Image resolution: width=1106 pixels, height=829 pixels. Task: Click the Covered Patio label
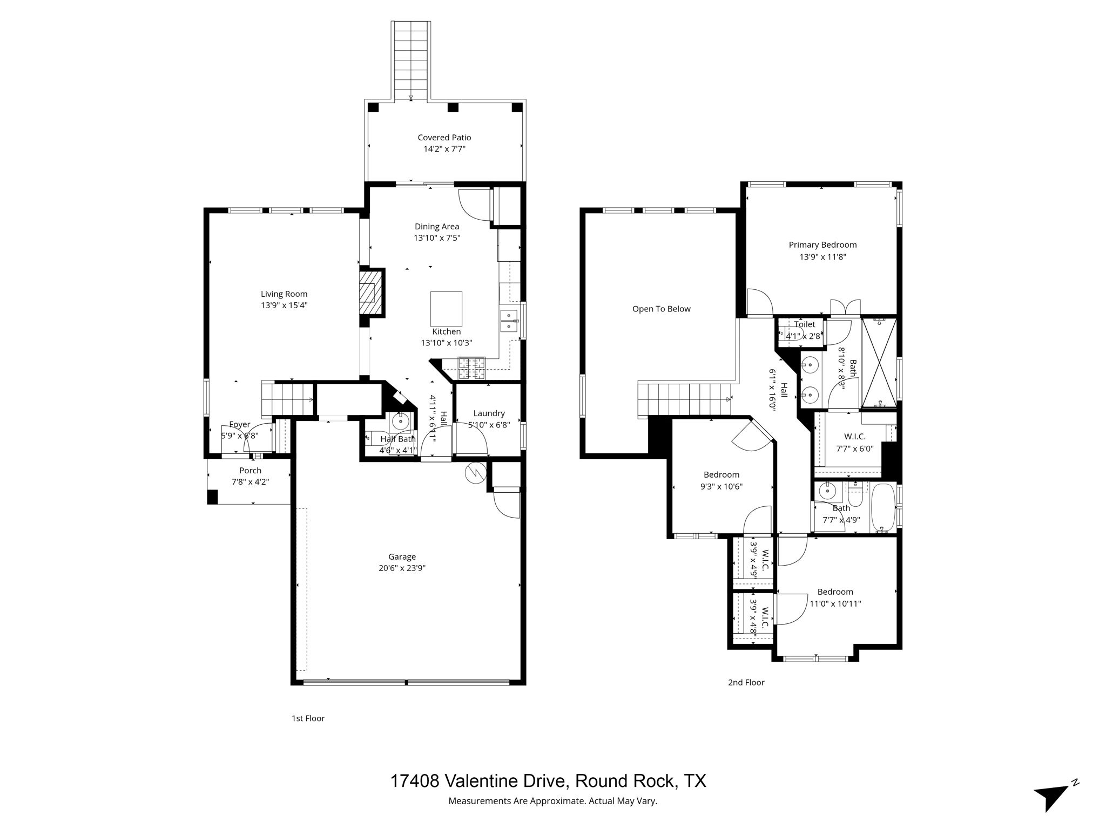[x=444, y=138]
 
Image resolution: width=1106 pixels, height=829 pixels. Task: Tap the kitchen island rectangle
[x=446, y=309]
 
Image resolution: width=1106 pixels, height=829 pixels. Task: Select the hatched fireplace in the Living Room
[x=368, y=293]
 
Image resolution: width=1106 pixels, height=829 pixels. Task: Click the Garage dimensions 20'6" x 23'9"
[x=402, y=568]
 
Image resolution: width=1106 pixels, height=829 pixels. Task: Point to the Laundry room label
[x=489, y=413]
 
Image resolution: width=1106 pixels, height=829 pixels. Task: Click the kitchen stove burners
[x=471, y=369]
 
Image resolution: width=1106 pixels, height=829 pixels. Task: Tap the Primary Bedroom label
[x=822, y=245]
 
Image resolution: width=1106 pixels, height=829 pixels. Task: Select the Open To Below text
[x=661, y=309]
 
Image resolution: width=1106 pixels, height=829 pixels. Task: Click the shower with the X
[x=879, y=362]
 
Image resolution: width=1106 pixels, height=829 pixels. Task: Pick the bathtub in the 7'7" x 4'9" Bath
[x=883, y=508]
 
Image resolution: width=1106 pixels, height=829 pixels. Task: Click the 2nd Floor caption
[x=746, y=682]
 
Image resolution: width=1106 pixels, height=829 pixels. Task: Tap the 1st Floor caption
[x=308, y=718]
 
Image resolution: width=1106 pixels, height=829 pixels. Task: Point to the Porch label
[x=250, y=471]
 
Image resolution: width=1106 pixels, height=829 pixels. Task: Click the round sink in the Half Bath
[x=400, y=421]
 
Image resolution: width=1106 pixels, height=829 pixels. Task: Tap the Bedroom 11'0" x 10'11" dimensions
[x=835, y=604]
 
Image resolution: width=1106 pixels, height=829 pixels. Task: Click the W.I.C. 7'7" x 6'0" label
[x=854, y=437]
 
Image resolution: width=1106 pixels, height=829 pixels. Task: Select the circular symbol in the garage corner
[x=475, y=473]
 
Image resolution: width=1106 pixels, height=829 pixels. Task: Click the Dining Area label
[x=437, y=227]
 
